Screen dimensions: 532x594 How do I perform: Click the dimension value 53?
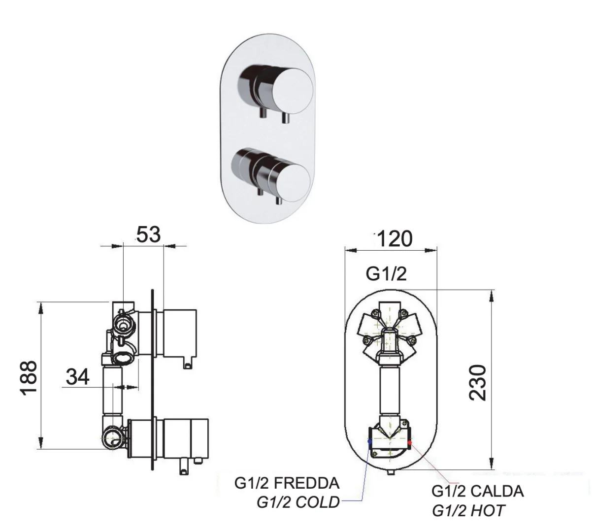click(x=148, y=234)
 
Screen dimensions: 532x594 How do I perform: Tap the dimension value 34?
click(x=78, y=377)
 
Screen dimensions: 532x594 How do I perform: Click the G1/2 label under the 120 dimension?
click(x=386, y=274)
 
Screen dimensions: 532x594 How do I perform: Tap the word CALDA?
click(x=497, y=491)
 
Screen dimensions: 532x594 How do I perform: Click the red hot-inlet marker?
click(x=409, y=443)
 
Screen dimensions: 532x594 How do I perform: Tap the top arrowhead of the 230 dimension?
click(x=492, y=295)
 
